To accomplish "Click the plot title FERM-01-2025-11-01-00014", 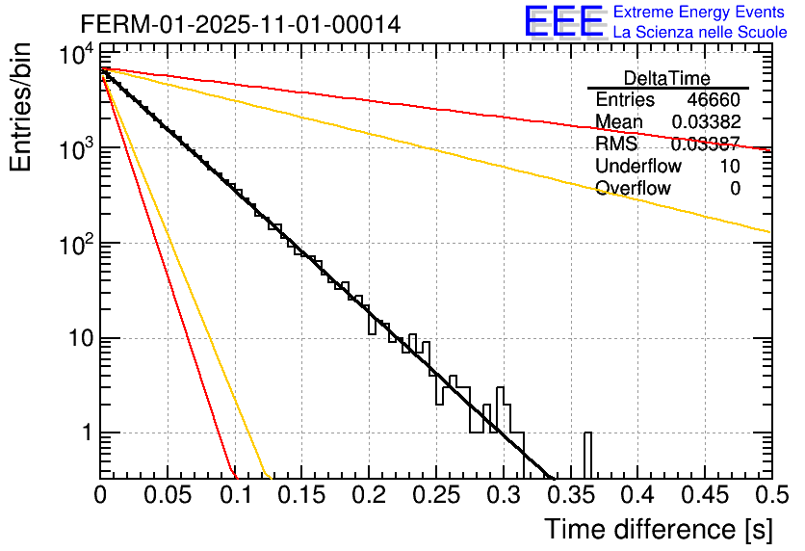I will [240, 23].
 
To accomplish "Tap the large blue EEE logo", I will [563, 22].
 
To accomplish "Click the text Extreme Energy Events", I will [698, 13].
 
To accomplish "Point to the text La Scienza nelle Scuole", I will [700, 32].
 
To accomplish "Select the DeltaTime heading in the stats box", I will [667, 78].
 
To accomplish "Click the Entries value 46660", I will [714, 100].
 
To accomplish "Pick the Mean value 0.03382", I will [705, 122].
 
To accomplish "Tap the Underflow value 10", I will [730, 166].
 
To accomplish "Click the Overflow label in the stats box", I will [634, 188].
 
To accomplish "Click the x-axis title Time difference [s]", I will [657, 529].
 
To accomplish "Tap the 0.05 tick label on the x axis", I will [168, 497].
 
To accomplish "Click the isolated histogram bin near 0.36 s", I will [587, 455].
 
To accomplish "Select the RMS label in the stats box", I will [616, 144].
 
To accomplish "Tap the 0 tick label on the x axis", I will [100, 497].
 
